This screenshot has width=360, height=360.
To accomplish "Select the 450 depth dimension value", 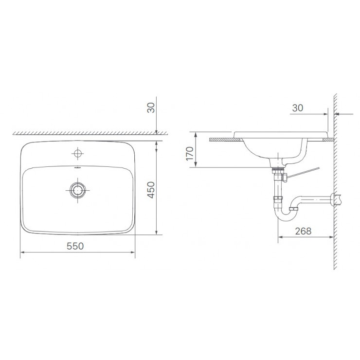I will [151, 190].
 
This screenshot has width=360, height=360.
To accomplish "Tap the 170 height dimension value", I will [190, 153].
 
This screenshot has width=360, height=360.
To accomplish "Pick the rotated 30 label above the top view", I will [151, 108].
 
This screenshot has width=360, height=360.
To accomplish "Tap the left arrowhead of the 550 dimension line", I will [22, 253].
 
